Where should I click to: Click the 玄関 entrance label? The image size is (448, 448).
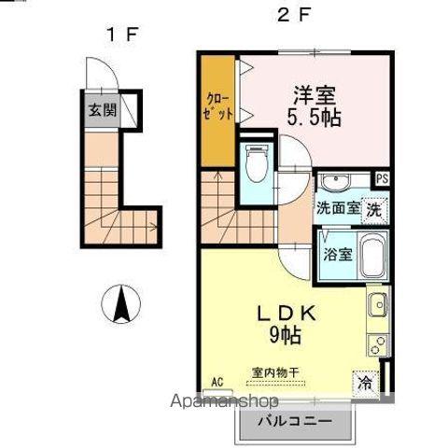(x=102, y=110)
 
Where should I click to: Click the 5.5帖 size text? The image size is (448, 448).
(x=315, y=118)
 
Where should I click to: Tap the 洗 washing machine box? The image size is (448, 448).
(x=373, y=209)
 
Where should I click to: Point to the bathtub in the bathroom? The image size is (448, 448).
(x=374, y=257)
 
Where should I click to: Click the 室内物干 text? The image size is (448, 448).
(x=275, y=372)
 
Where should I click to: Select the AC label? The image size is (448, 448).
(x=217, y=382)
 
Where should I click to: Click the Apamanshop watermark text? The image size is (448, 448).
(x=231, y=401)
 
